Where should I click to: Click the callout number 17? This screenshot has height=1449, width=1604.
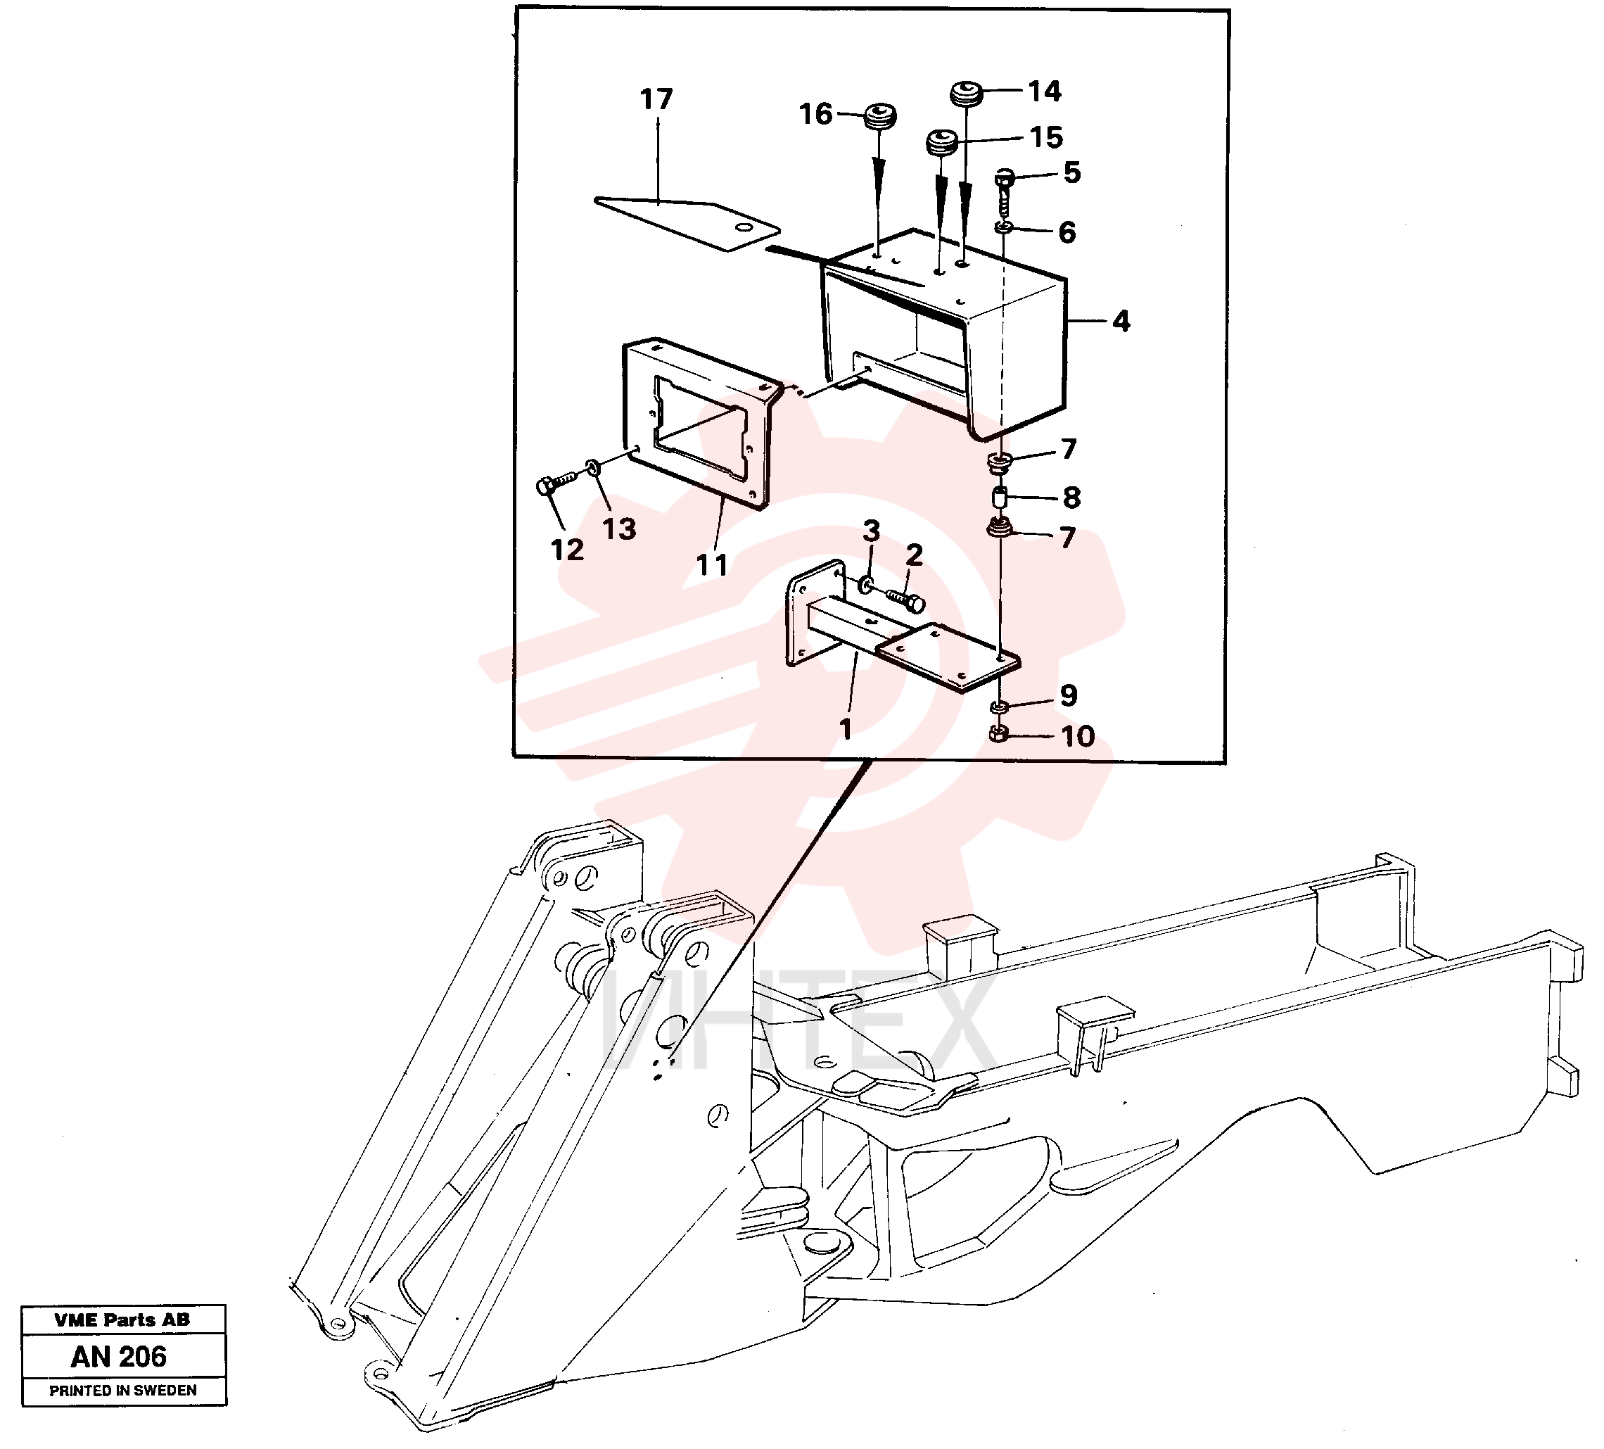point(656,99)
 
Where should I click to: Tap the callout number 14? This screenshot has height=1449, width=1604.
point(1044,91)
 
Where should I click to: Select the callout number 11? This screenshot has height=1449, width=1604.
point(711,565)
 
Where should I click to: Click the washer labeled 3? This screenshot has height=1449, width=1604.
point(865,586)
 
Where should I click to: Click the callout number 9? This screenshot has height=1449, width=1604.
point(1069,695)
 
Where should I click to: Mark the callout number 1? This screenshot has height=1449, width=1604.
point(845,729)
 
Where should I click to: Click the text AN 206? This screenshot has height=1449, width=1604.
point(119,1357)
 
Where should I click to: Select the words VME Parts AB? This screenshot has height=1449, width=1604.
point(122,1320)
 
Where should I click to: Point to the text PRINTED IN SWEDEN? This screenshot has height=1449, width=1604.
point(123,1391)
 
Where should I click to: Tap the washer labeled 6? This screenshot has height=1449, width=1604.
point(1005,229)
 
